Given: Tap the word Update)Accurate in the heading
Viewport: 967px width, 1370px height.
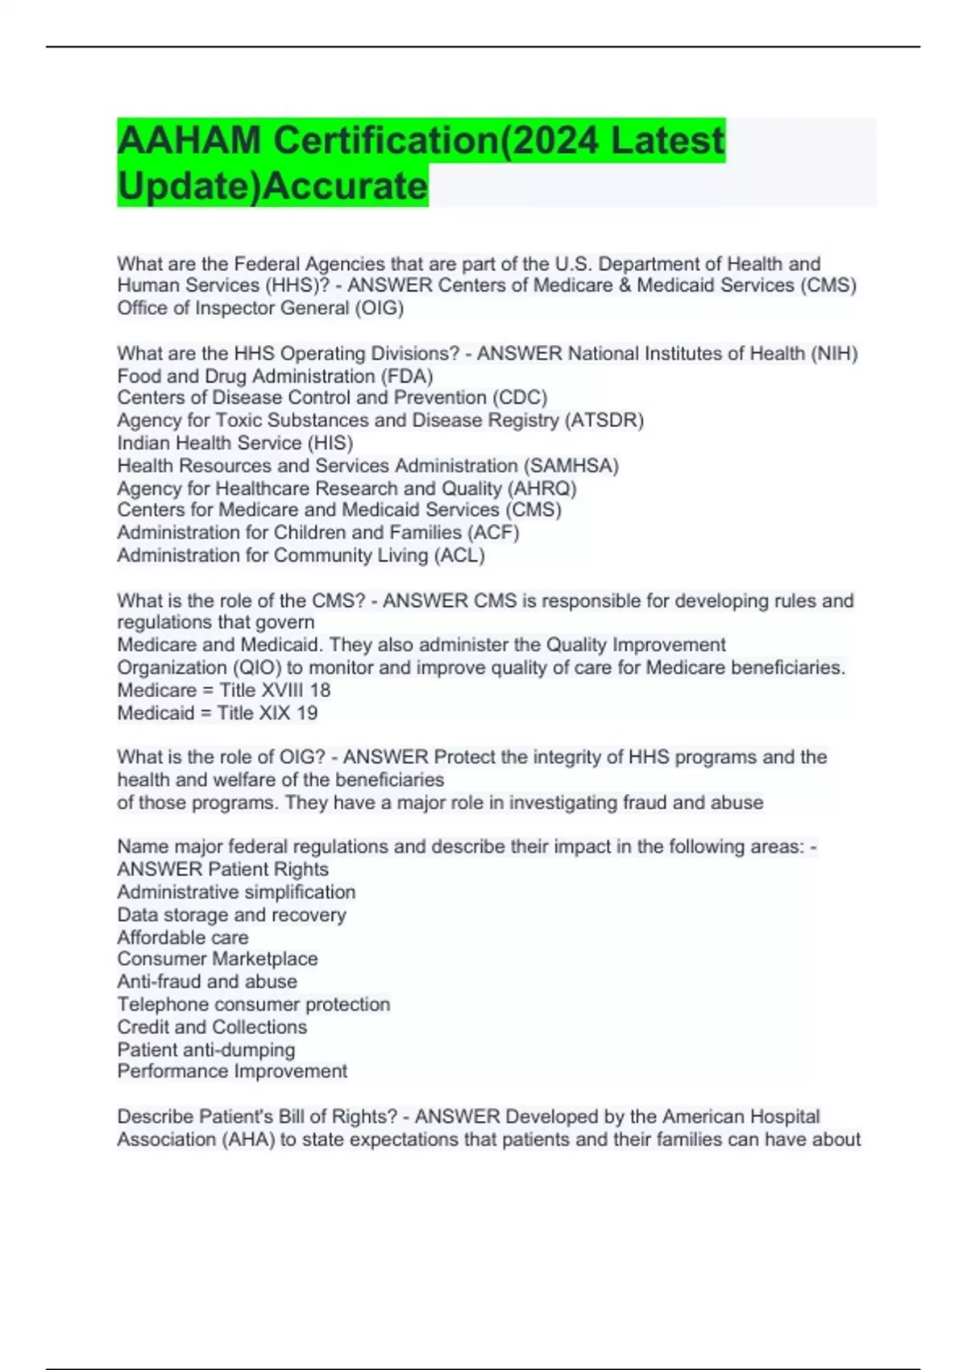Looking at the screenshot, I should click(x=272, y=186).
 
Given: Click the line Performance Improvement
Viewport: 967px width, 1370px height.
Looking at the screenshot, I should click(x=232, y=1072).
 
